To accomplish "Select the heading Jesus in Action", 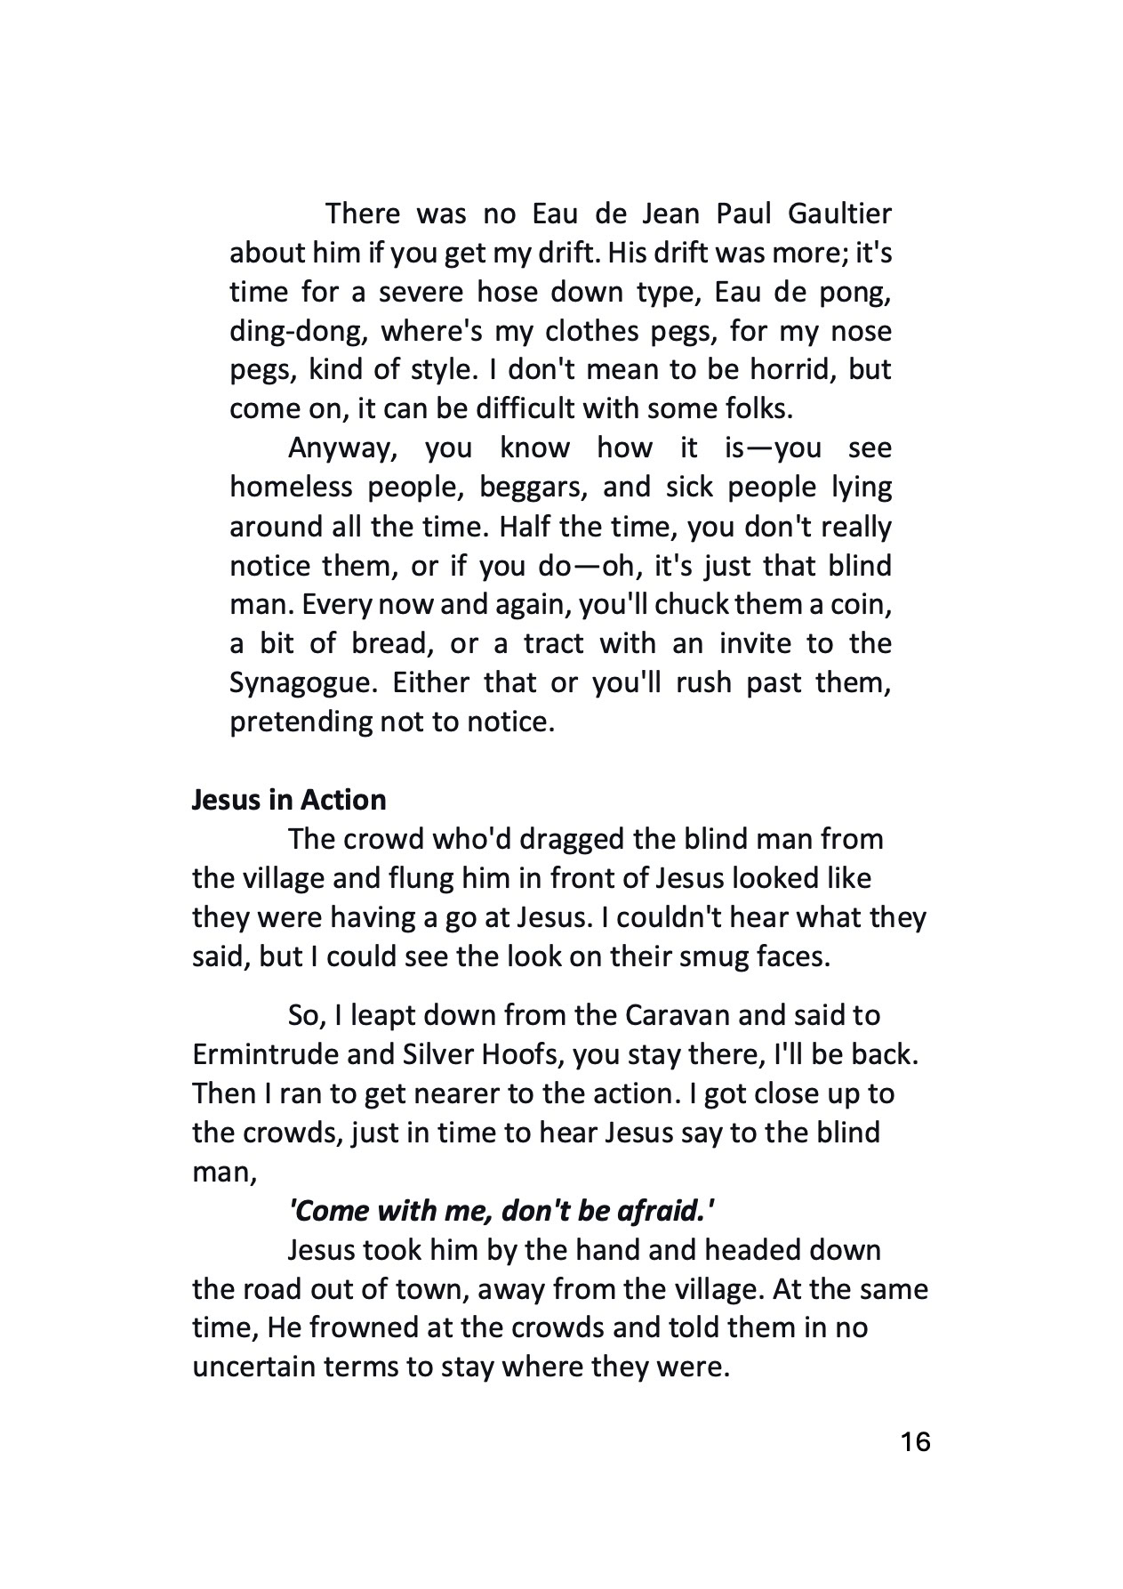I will [x=289, y=800].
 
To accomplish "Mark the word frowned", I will [x=355, y=1328].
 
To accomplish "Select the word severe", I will [x=421, y=293].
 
